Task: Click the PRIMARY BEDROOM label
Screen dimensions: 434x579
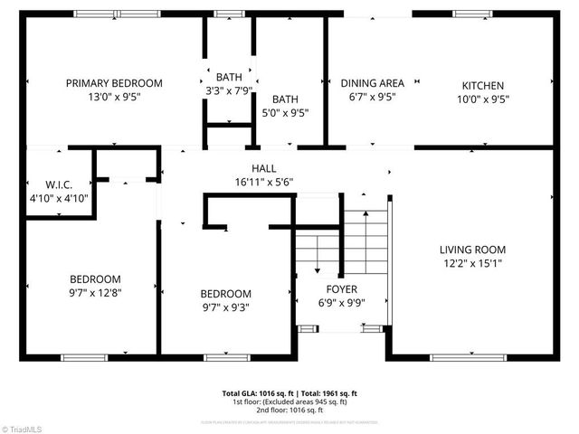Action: [x=114, y=83]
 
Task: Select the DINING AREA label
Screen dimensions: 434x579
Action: [x=371, y=83]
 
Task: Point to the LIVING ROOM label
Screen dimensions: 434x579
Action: [x=472, y=250]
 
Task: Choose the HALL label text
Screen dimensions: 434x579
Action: [x=263, y=168]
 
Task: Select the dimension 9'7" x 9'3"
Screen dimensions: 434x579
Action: [x=225, y=307]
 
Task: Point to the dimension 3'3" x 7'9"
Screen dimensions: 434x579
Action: [x=229, y=90]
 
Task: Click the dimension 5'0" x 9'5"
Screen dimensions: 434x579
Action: [x=285, y=114]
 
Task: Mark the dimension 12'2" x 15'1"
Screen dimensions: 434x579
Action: [x=472, y=264]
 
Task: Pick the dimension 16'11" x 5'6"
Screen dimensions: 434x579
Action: [x=263, y=182]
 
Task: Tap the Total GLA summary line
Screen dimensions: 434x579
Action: [x=289, y=393]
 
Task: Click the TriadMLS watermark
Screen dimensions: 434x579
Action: [x=23, y=428]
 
